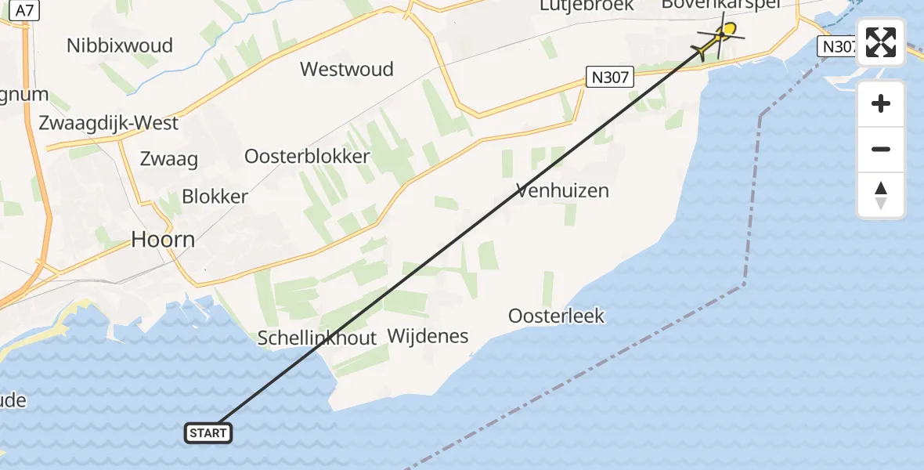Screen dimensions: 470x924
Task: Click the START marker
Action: pyautogui.click(x=208, y=432)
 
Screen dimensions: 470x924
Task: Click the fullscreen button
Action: pyautogui.click(x=881, y=42)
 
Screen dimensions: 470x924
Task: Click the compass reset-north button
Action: pyautogui.click(x=881, y=195)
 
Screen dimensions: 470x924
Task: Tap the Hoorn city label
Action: pyautogui.click(x=163, y=239)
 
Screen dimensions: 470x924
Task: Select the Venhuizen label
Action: pyautogui.click(x=562, y=190)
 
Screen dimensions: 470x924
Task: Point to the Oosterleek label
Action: pyautogui.click(x=556, y=316)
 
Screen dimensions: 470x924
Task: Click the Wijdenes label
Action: pyautogui.click(x=428, y=337)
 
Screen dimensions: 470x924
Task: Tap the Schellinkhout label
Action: pyautogui.click(x=317, y=338)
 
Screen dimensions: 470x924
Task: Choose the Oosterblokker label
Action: pyautogui.click(x=307, y=156)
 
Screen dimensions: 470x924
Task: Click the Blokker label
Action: pyautogui.click(x=215, y=197)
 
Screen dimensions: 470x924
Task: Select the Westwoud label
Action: pyautogui.click(x=346, y=69)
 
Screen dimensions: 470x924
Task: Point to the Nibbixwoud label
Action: pyautogui.click(x=120, y=45)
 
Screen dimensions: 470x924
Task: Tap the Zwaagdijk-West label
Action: pyautogui.click(x=109, y=123)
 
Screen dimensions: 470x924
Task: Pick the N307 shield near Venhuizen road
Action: pyautogui.click(x=608, y=77)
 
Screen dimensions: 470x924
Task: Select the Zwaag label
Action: pyautogui.click(x=168, y=159)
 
